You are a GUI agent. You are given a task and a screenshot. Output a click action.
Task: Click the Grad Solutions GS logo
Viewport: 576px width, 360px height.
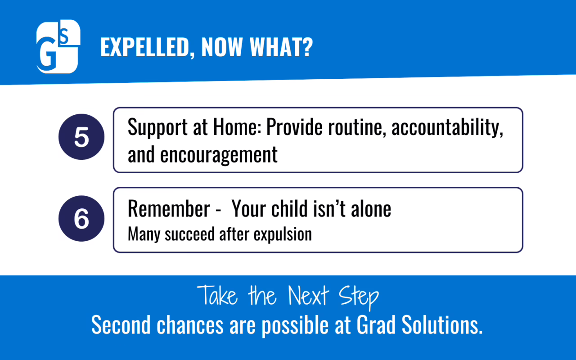tap(58, 46)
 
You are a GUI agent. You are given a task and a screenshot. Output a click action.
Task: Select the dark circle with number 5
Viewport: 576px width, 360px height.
tap(81, 137)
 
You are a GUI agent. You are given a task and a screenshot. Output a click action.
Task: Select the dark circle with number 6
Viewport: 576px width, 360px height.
tap(81, 219)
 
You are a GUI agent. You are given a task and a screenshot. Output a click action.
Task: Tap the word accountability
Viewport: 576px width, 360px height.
tap(447, 128)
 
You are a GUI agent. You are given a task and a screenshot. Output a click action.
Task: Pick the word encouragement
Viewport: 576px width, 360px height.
tap(219, 155)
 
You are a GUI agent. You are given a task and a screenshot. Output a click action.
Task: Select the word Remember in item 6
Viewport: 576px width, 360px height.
tap(169, 208)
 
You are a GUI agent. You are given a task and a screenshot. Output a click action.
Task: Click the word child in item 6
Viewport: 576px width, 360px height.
tap(289, 208)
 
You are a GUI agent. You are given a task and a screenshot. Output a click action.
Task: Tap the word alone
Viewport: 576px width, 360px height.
tap(371, 208)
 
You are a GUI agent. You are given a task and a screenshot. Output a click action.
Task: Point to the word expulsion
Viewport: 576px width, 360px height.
tap(283, 235)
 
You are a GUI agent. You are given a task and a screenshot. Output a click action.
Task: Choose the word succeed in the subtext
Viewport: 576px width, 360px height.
tap(189, 234)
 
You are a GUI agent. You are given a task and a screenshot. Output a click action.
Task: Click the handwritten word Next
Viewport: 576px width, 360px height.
tap(308, 296)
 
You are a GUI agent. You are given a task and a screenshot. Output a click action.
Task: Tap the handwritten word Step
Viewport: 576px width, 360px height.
tap(359, 298)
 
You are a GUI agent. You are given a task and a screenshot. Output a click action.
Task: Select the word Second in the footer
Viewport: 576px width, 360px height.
tap(121, 325)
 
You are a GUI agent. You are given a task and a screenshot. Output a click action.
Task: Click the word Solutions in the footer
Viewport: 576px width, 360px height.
tap(442, 325)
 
